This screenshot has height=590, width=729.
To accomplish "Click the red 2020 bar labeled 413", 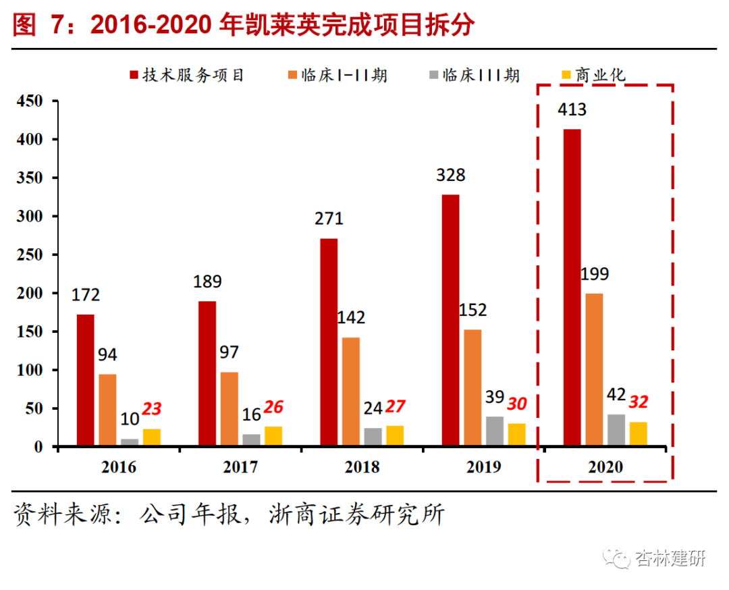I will pyautogui.click(x=572, y=288).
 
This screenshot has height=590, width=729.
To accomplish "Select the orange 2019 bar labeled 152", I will pyautogui.click(x=473, y=388).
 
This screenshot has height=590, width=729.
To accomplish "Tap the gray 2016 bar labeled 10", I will pyautogui.click(x=130, y=443).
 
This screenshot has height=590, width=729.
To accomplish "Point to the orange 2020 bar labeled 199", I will pyautogui.click(x=594, y=370).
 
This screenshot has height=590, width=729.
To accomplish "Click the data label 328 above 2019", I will pyautogui.click(x=450, y=175).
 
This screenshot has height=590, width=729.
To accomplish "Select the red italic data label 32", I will pyautogui.click(x=639, y=402).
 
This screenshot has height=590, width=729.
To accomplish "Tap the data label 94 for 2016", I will pyautogui.click(x=107, y=354).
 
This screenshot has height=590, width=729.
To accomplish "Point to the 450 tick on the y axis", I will pyautogui.click(x=31, y=101).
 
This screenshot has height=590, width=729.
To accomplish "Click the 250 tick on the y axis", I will pyautogui.click(x=31, y=255).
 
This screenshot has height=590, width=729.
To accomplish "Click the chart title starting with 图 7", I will pyautogui.click(x=243, y=26).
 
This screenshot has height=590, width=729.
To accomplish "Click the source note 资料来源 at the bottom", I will pyautogui.click(x=230, y=515).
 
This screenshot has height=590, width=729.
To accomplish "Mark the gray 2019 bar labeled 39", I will pyautogui.click(x=495, y=431).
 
